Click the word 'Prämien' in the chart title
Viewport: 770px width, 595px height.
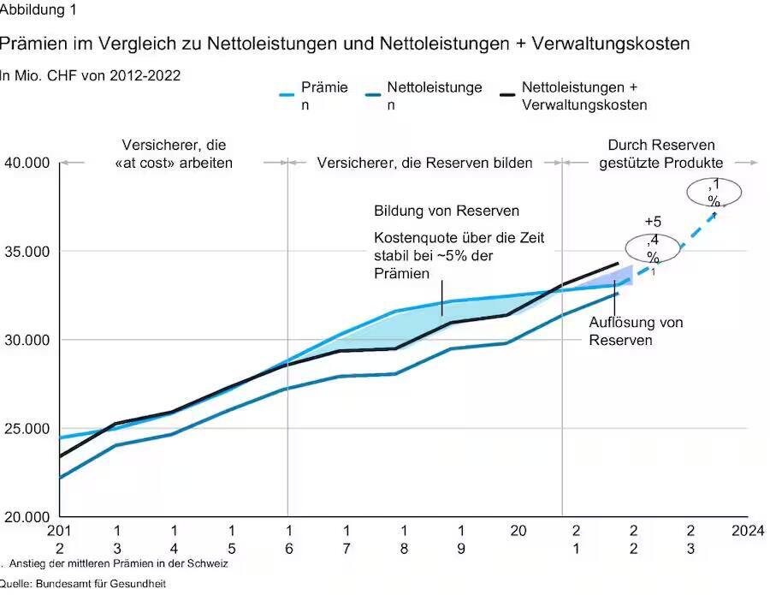(x=37, y=42)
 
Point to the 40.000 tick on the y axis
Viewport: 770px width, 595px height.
(x=27, y=163)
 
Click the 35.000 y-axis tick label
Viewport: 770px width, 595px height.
(x=27, y=252)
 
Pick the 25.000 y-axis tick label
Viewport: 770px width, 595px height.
(x=27, y=429)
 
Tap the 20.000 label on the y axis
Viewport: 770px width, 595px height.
(x=27, y=517)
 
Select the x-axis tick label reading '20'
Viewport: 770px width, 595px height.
(x=518, y=532)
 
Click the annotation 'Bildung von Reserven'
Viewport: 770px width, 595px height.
(x=447, y=211)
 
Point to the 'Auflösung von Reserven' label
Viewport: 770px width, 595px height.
(x=635, y=331)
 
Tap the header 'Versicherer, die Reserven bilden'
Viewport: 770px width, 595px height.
(x=424, y=163)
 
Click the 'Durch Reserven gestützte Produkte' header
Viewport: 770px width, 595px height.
(x=661, y=154)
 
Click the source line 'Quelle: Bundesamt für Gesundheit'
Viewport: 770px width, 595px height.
(x=82, y=584)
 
